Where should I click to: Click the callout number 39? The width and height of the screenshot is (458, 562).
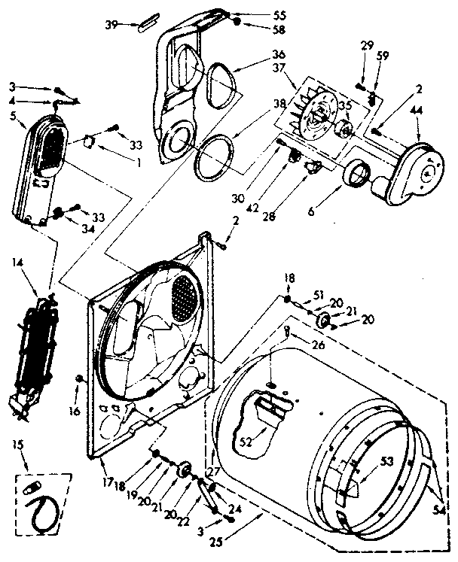[110, 24]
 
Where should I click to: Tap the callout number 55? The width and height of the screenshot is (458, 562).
[258, 15]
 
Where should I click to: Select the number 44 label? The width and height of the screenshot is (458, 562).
[415, 111]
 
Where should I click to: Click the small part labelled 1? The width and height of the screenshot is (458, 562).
[90, 140]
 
